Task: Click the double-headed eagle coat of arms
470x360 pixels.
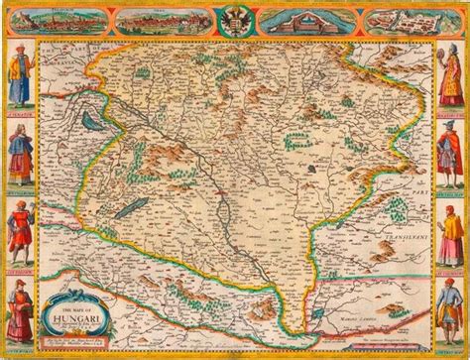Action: [x=234, y=23]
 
